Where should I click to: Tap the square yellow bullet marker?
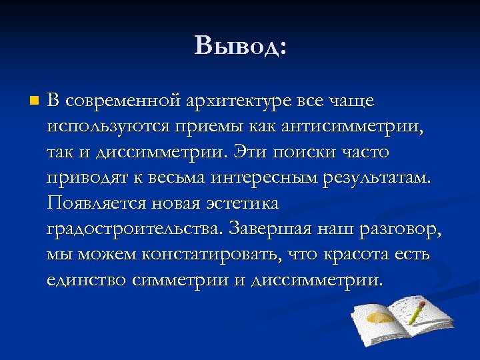(35, 101)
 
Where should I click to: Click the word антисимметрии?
(359, 127)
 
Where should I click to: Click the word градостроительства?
(135, 229)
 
